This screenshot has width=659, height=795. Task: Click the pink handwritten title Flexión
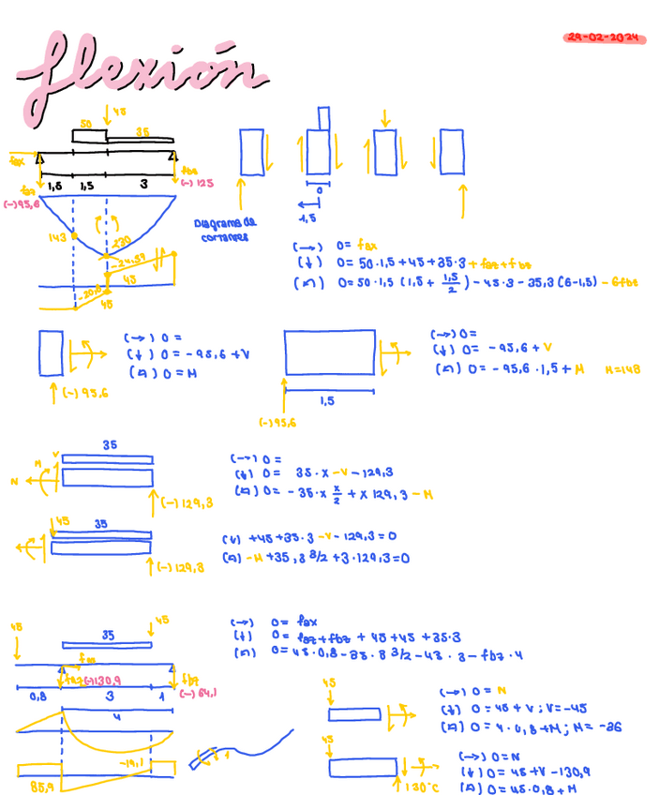point(141,75)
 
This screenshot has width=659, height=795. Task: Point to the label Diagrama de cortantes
point(224,231)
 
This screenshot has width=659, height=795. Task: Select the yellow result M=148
point(622,369)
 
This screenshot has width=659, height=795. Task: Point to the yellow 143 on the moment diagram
point(57,238)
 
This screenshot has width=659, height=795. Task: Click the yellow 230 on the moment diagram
point(122,242)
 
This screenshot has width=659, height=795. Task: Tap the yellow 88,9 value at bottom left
point(41,785)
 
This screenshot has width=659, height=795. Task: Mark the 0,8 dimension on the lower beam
point(37,697)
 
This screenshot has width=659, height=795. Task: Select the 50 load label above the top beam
point(85,124)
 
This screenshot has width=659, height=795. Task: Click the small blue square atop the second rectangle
point(323,118)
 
